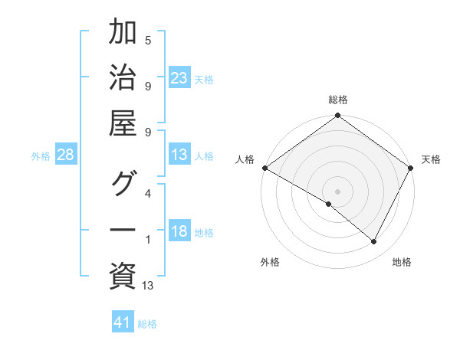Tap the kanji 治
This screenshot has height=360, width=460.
[x=123, y=78]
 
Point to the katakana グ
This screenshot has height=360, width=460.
[x=123, y=184]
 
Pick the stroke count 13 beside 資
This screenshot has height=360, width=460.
[x=148, y=286]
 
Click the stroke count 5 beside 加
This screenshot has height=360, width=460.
[x=147, y=40]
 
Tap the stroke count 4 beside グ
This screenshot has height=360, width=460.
[x=147, y=193]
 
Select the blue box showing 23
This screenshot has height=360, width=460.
[x=179, y=78]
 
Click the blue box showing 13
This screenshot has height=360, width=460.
[x=179, y=155]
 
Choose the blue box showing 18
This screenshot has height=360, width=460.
[x=179, y=232]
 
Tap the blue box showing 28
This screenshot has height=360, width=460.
[x=65, y=155]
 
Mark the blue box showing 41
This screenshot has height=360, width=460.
[x=123, y=322]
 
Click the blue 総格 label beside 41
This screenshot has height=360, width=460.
[x=147, y=324]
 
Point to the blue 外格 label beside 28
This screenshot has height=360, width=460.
[x=41, y=156]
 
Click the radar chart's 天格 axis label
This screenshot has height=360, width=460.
[x=431, y=159]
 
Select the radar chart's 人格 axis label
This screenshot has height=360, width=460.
[x=245, y=159]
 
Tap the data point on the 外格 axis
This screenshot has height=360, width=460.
[x=329, y=204]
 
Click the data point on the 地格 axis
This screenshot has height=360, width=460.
[x=374, y=242]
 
